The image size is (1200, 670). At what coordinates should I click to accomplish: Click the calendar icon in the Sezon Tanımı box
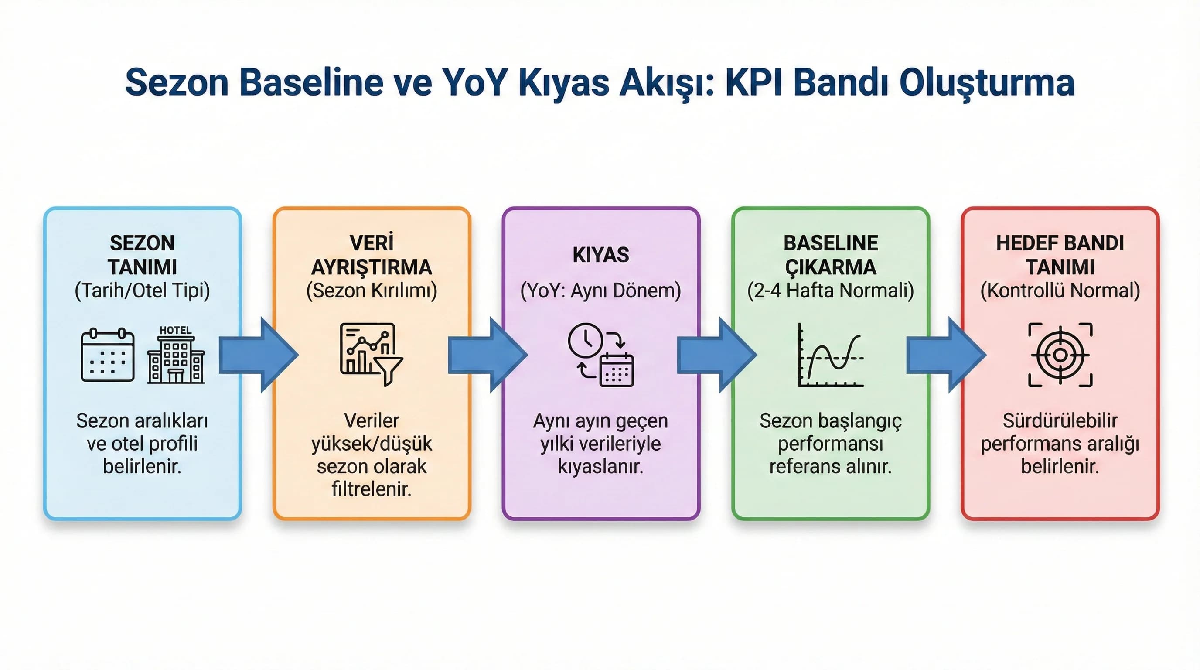click(108, 355)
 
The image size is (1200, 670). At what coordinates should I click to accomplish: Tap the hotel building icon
click(176, 355)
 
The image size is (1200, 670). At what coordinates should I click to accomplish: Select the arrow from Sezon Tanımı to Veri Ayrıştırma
click(258, 355)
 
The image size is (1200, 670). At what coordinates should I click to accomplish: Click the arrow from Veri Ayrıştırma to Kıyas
click(487, 355)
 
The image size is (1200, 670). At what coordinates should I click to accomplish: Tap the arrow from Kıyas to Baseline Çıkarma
click(716, 355)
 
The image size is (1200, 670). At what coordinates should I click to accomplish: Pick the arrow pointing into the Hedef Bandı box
click(946, 355)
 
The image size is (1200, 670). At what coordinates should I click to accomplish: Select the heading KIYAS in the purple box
click(600, 255)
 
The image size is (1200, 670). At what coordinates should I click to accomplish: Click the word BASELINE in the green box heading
click(831, 243)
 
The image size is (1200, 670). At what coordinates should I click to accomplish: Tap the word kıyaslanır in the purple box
click(600, 466)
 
